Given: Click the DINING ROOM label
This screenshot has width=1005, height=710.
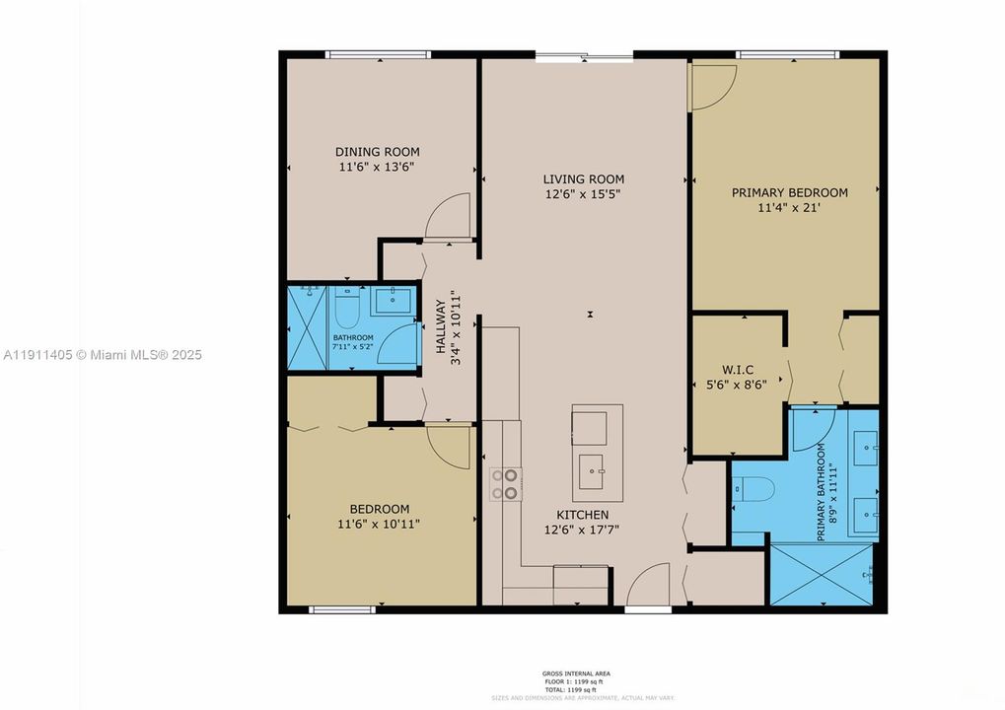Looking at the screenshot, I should coord(377,152).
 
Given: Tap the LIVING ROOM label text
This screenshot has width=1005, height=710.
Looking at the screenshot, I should coord(584,179).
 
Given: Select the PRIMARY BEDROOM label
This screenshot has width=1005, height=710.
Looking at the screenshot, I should coord(789,192).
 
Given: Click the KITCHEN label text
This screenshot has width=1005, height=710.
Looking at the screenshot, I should coord(582,515).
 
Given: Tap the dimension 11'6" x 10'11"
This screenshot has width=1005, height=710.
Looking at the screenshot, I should coord(379,525).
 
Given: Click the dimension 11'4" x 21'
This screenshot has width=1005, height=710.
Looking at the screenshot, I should coord(789,208).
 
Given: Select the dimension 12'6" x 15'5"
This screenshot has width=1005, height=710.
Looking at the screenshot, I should coord(584,195).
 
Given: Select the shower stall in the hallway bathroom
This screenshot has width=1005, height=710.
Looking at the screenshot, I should coord(306,328).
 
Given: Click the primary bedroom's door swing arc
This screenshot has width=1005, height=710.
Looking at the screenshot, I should coord(708,87).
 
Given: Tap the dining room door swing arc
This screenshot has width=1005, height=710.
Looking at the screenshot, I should coord(449,216).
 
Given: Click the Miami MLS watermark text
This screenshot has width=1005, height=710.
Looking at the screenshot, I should coord(102,354).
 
